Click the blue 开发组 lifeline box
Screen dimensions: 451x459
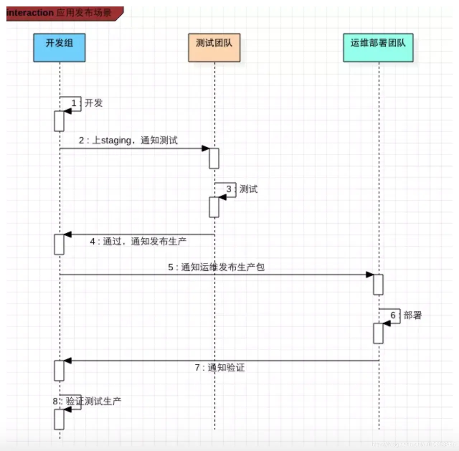[x=59, y=47]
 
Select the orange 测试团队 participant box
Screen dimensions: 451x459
[x=214, y=47]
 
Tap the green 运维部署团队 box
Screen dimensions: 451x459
[x=378, y=47]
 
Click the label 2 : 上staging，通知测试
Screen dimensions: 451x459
[x=128, y=140]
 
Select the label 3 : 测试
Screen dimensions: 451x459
[x=242, y=189]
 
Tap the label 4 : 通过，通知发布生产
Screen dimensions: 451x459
[x=138, y=241]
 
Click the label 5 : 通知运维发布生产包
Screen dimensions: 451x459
[x=216, y=267]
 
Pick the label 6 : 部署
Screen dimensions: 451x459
[x=406, y=315]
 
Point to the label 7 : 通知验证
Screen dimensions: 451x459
[x=219, y=367]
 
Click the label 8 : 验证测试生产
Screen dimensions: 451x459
[x=87, y=401]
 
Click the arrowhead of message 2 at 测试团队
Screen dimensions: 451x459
[x=205, y=148]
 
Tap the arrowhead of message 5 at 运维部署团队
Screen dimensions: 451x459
[x=370, y=275]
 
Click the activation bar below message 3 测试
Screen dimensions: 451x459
[x=214, y=207]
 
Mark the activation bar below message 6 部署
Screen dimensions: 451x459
[x=378, y=333]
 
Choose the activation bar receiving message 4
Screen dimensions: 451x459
[x=59, y=245]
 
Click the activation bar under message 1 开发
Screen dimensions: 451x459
[x=59, y=121]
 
